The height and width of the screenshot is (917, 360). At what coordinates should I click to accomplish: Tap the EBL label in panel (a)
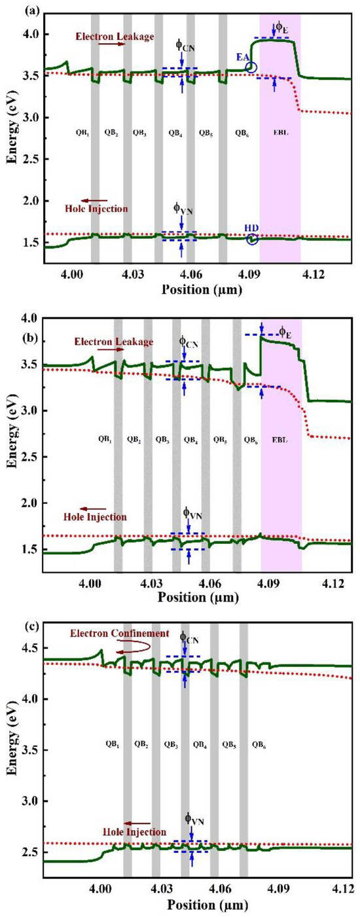(279, 132)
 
